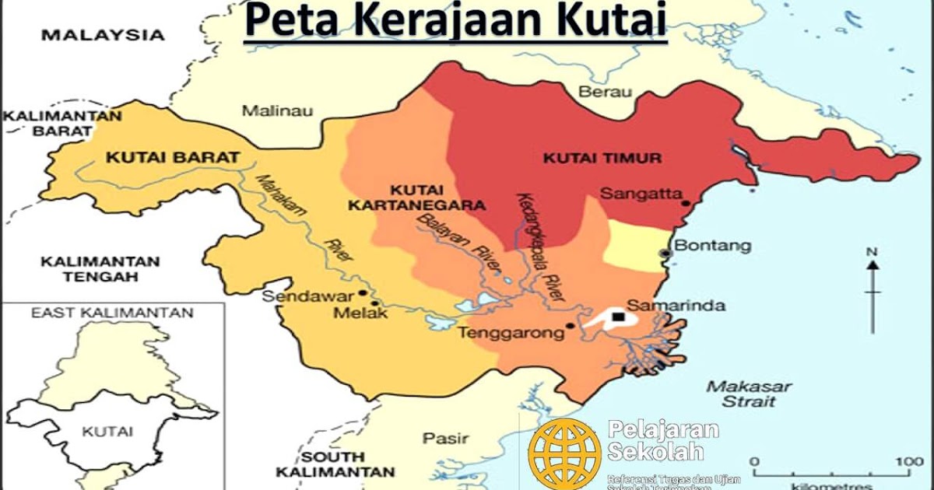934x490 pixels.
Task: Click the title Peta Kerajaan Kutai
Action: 456,21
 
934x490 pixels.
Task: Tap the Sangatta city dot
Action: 686,204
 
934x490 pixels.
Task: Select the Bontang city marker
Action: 664,253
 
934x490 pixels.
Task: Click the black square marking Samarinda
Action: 617,317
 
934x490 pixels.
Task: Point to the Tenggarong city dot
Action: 571,326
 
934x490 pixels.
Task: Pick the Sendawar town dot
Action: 363,294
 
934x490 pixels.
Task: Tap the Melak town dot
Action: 375,304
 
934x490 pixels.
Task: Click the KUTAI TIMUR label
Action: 602,158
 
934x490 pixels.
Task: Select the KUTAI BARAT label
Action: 172,157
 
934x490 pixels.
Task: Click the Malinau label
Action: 277,110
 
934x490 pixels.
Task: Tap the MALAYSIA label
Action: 103,35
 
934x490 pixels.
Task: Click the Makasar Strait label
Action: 750,394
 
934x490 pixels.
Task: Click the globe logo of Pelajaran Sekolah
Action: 564,453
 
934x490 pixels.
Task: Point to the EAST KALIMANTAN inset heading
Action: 111,313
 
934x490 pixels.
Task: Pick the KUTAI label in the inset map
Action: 107,431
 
